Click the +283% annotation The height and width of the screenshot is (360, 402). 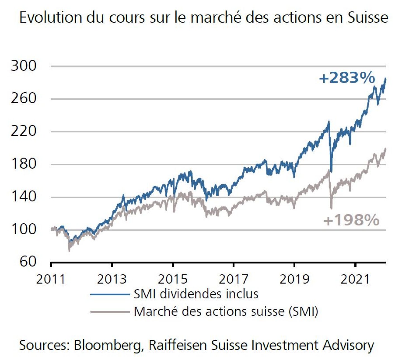347,78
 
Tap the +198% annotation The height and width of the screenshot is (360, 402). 351,220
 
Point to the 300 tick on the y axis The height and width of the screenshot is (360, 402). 24,66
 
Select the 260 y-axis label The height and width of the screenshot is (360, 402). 24,98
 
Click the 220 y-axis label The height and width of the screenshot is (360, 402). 24,131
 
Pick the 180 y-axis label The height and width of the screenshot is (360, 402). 24,164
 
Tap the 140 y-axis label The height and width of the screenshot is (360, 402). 24,197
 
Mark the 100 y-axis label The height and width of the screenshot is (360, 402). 24,229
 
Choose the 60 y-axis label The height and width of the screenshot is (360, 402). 28,262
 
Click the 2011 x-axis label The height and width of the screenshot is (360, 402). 51,279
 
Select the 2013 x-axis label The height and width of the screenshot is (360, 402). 112,279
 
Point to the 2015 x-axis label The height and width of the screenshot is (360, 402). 173,279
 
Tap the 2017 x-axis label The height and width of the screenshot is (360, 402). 233,279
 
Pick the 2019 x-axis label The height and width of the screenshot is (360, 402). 295,279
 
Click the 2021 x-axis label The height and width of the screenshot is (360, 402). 355,279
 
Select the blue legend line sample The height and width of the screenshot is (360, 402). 110,294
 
